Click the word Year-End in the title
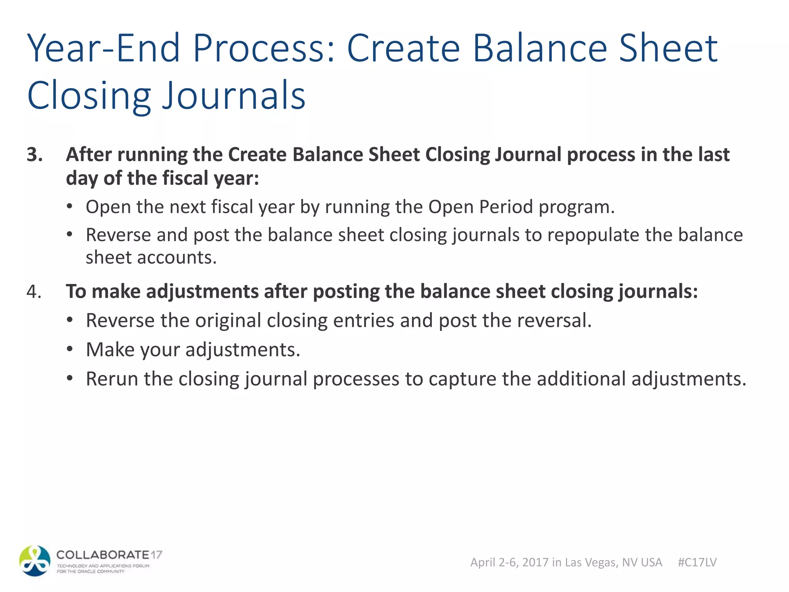coord(104,48)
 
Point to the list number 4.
coord(34,291)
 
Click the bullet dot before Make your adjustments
coord(69,350)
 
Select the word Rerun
coord(112,379)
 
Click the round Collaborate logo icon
coord(35,561)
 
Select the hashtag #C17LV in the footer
coord(697,562)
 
